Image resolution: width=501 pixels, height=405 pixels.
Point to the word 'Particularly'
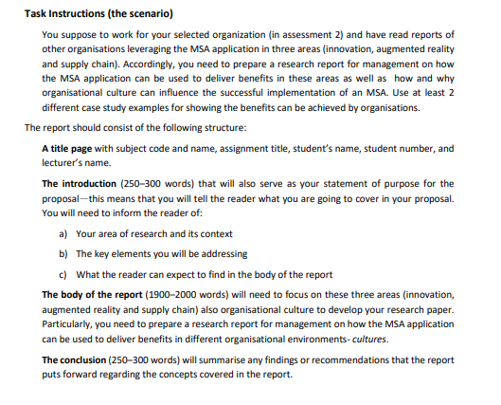tap(71, 324)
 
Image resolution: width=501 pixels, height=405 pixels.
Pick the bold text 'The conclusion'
tap(81, 359)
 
